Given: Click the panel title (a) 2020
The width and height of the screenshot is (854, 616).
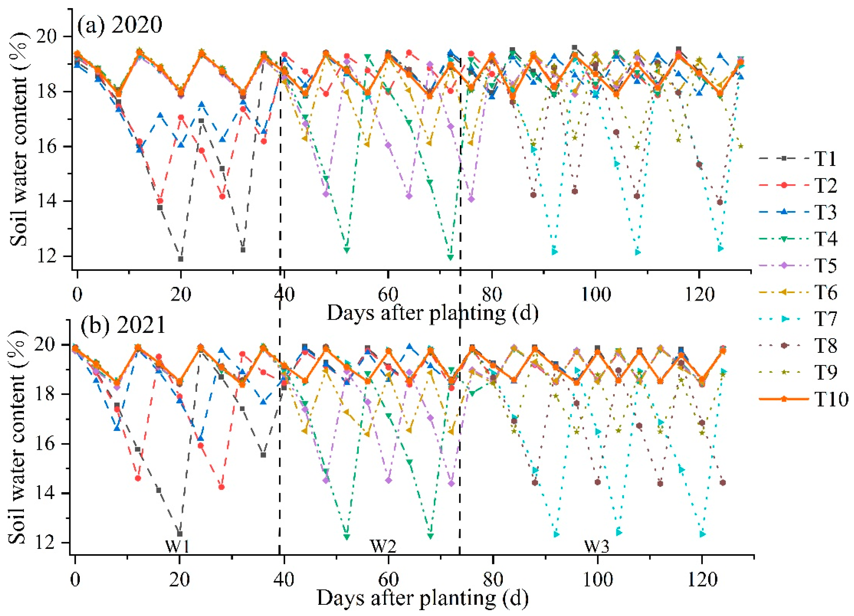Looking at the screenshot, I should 120,26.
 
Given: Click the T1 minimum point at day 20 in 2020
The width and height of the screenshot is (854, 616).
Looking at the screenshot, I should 181,259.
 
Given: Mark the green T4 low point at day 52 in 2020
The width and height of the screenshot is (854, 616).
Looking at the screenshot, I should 347,250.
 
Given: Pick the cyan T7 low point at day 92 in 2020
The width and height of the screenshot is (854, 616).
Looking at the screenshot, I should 554,251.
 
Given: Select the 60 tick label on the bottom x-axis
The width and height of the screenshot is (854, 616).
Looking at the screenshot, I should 388,580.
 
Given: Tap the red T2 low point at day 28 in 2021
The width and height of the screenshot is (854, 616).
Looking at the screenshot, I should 221,487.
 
